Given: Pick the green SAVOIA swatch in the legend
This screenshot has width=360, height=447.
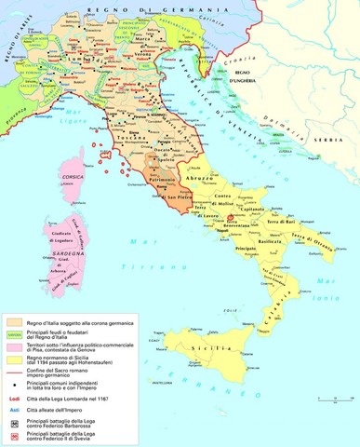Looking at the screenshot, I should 14,334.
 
